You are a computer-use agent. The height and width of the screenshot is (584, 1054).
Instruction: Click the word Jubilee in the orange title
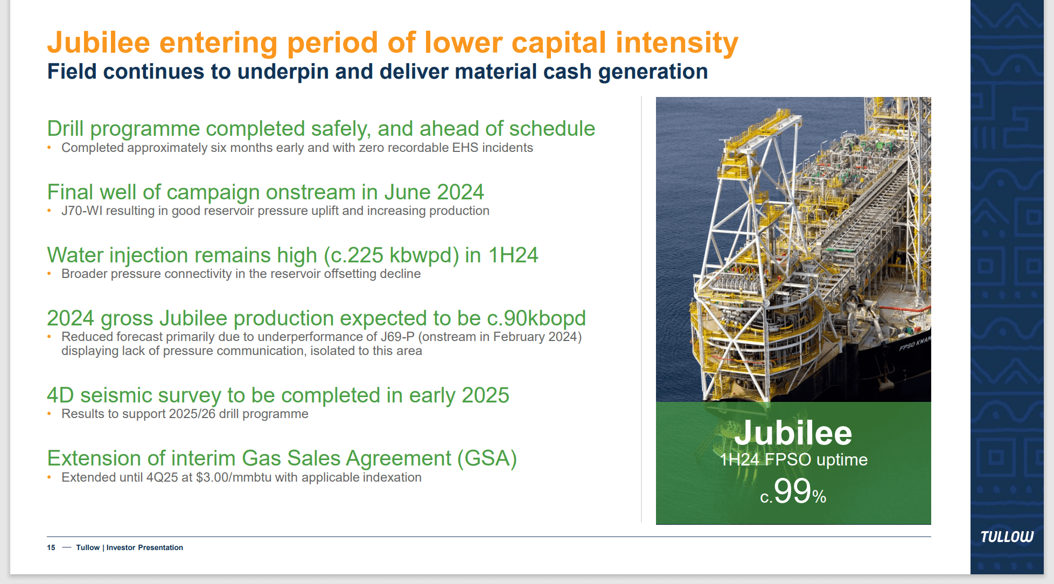(99, 43)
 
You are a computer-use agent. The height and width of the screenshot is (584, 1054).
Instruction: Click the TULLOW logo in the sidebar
(1007, 537)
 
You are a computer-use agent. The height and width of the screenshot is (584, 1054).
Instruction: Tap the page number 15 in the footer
(51, 547)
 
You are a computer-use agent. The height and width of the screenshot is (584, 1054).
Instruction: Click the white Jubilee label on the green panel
(793, 433)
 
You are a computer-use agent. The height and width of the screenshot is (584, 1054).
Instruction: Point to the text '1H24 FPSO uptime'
(793, 460)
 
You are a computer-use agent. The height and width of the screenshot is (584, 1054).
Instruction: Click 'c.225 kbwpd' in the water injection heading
(391, 255)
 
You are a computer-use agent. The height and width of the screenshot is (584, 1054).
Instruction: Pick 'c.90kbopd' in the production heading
(536, 318)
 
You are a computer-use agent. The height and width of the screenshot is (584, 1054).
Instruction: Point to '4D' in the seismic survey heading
(60, 395)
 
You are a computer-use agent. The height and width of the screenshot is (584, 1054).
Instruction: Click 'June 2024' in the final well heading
(434, 192)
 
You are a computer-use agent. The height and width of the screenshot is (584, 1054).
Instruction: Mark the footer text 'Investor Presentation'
(145, 547)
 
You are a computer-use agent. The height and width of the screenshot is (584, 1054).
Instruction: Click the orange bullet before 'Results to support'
(50, 414)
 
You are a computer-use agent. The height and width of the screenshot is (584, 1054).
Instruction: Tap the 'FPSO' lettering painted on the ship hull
(906, 345)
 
